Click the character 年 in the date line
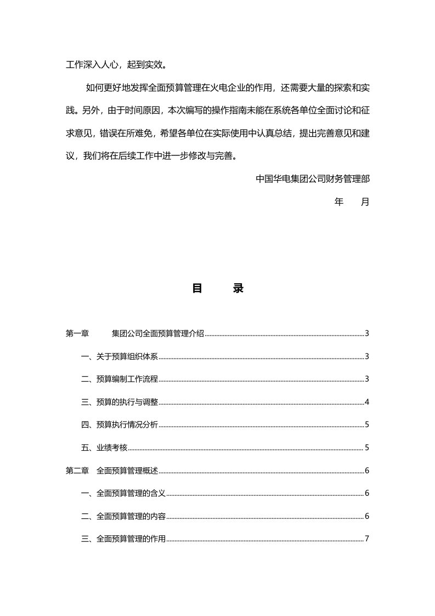pyautogui.click(x=339, y=201)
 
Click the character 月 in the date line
pyautogui.click(x=365, y=201)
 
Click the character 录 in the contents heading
pyautogui.click(x=238, y=288)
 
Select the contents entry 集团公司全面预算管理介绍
pyautogui.click(x=158, y=333)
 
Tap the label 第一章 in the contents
pyautogui.click(x=77, y=333)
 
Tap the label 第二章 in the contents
pyautogui.click(x=77, y=471)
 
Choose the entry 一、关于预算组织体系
pyautogui.click(x=120, y=356)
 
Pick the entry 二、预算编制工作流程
pyautogui.click(x=120, y=379)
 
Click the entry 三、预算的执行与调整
pyautogui.click(x=120, y=402)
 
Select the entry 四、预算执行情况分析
pyautogui.click(x=120, y=424)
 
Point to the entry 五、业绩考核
pyautogui.click(x=104, y=447)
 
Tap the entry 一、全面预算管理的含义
pyautogui.click(x=123, y=493)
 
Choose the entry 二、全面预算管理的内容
pyautogui.click(x=123, y=516)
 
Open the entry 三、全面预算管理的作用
pyautogui.click(x=123, y=539)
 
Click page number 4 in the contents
pyautogui.click(x=366, y=402)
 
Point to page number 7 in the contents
pyautogui.click(x=366, y=539)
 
